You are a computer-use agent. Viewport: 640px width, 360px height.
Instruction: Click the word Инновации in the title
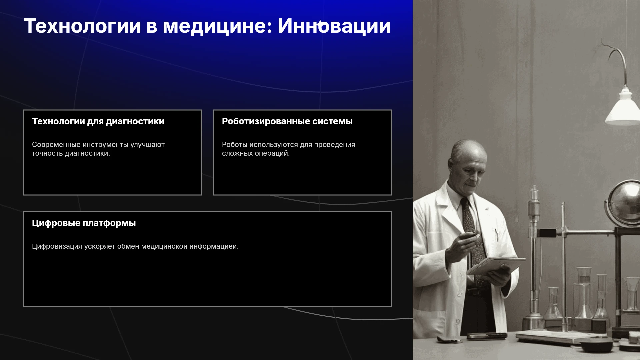click(334, 26)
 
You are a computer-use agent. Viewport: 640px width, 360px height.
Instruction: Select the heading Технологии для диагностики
click(98, 121)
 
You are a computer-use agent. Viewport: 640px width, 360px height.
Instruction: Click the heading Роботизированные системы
click(287, 121)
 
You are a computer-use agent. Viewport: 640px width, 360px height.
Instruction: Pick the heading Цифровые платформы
click(84, 223)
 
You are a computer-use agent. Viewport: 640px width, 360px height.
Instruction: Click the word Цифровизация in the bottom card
click(57, 246)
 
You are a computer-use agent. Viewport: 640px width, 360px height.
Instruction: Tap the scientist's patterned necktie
click(473, 233)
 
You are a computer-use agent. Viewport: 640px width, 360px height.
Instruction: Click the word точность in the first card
click(47, 153)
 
